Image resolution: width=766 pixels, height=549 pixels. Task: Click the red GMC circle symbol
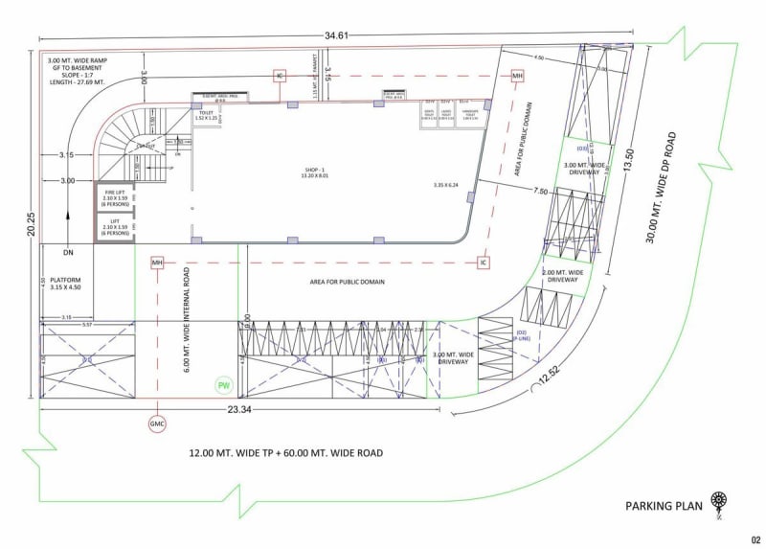pyautogui.click(x=157, y=424)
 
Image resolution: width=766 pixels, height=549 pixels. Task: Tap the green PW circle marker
pyautogui.click(x=224, y=385)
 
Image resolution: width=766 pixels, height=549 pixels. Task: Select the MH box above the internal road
pyautogui.click(x=157, y=262)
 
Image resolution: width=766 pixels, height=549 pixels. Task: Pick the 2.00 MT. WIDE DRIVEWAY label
pyautogui.click(x=562, y=277)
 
